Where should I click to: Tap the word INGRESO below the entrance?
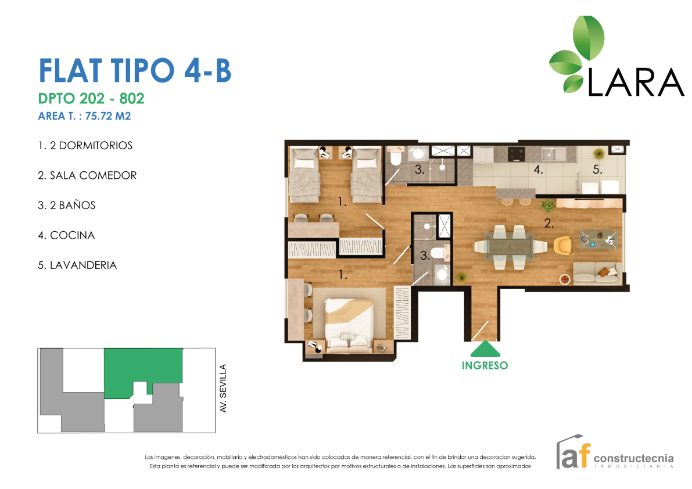485,365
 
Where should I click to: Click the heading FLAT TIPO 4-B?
135,70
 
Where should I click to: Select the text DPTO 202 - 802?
91,98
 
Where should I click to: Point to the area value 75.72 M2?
108,116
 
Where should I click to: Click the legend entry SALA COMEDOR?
93,175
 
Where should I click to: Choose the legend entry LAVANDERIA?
84,265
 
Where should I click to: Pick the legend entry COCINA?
73,235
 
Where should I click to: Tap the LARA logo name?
636,82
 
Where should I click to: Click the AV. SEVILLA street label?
223,389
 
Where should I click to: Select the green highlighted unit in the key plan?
143,368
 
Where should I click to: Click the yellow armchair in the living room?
562,245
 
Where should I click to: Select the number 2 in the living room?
548,224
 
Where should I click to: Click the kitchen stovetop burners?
516,154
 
